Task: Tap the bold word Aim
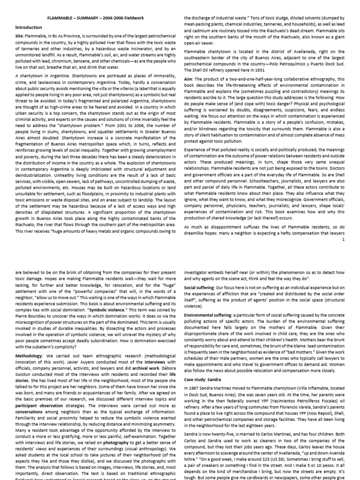click(x=188, y=79)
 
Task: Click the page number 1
click(x=343, y=240)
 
